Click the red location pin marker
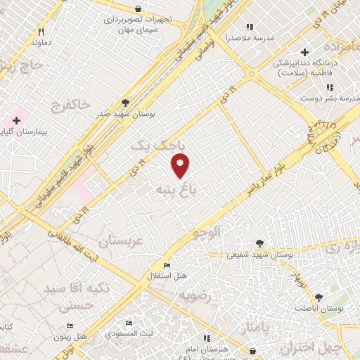[x=181, y=165]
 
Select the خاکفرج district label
[x=70, y=105]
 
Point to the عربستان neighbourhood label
[x=124, y=241]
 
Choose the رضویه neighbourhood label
[x=196, y=296]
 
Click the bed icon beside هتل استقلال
[x=167, y=265]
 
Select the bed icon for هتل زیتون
[x=70, y=326]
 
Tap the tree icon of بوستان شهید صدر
[x=126, y=102]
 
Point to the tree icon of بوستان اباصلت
[x=319, y=298]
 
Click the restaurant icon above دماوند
[x=41, y=32]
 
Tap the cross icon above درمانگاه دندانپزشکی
[x=304, y=52]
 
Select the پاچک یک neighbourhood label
[x=160, y=144]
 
